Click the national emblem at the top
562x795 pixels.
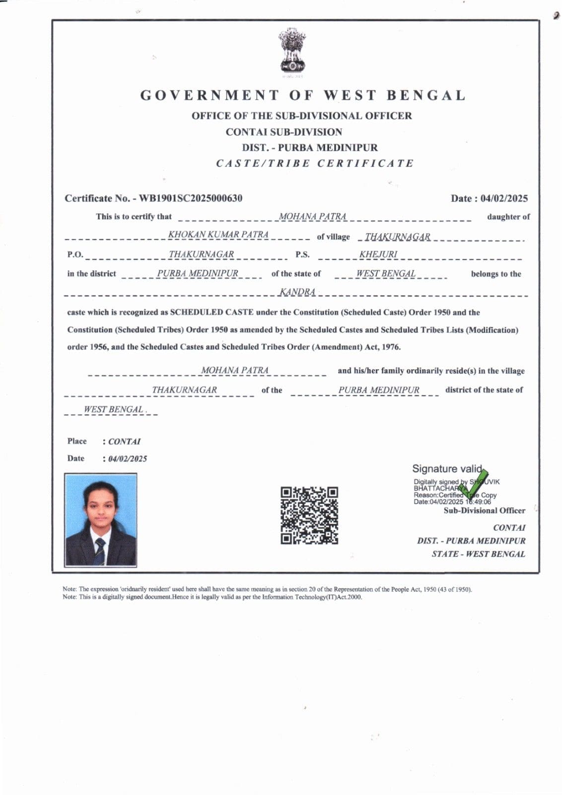tap(292, 51)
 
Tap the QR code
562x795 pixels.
tap(309, 515)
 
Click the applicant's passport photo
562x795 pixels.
tap(101, 520)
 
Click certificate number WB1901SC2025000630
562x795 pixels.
tap(191, 198)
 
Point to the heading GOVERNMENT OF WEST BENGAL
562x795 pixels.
tap(303, 95)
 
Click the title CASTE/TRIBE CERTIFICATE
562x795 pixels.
tap(315, 163)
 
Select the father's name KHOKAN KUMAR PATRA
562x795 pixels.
tap(218, 235)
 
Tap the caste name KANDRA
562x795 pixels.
tap(297, 292)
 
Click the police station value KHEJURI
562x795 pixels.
tap(378, 254)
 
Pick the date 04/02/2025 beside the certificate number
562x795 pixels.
tap(504, 198)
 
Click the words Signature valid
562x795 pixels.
tap(447, 469)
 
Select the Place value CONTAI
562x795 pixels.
tap(125, 441)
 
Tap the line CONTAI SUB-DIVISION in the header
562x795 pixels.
tap(284, 132)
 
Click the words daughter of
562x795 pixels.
tap(508, 217)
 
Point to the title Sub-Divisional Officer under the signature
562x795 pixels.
tap(484, 510)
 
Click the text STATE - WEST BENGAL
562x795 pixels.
tap(478, 554)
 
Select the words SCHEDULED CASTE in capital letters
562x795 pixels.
tap(212, 313)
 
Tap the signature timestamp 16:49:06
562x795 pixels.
tap(478, 502)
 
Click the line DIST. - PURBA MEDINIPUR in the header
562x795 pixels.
tap(310, 148)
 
